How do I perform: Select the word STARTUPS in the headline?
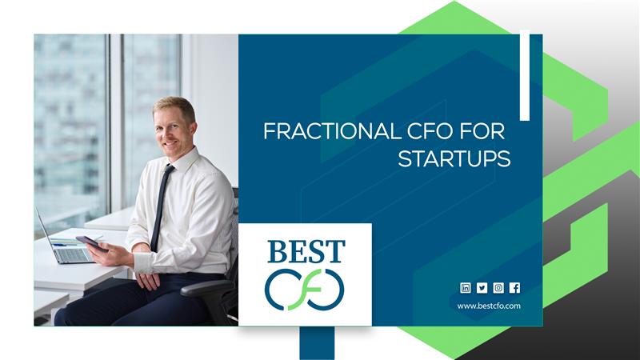(x=454, y=158)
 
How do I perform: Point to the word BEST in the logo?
(x=306, y=251)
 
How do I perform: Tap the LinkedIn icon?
(x=466, y=288)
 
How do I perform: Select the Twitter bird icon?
(x=482, y=288)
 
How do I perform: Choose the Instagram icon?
(x=498, y=288)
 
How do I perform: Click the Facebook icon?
(x=514, y=288)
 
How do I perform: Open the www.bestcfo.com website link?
(x=489, y=306)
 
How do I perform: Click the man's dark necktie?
(x=162, y=207)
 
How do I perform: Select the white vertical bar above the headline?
(x=525, y=75)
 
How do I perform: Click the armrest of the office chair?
(x=203, y=287)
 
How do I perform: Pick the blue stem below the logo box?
(x=317, y=343)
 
